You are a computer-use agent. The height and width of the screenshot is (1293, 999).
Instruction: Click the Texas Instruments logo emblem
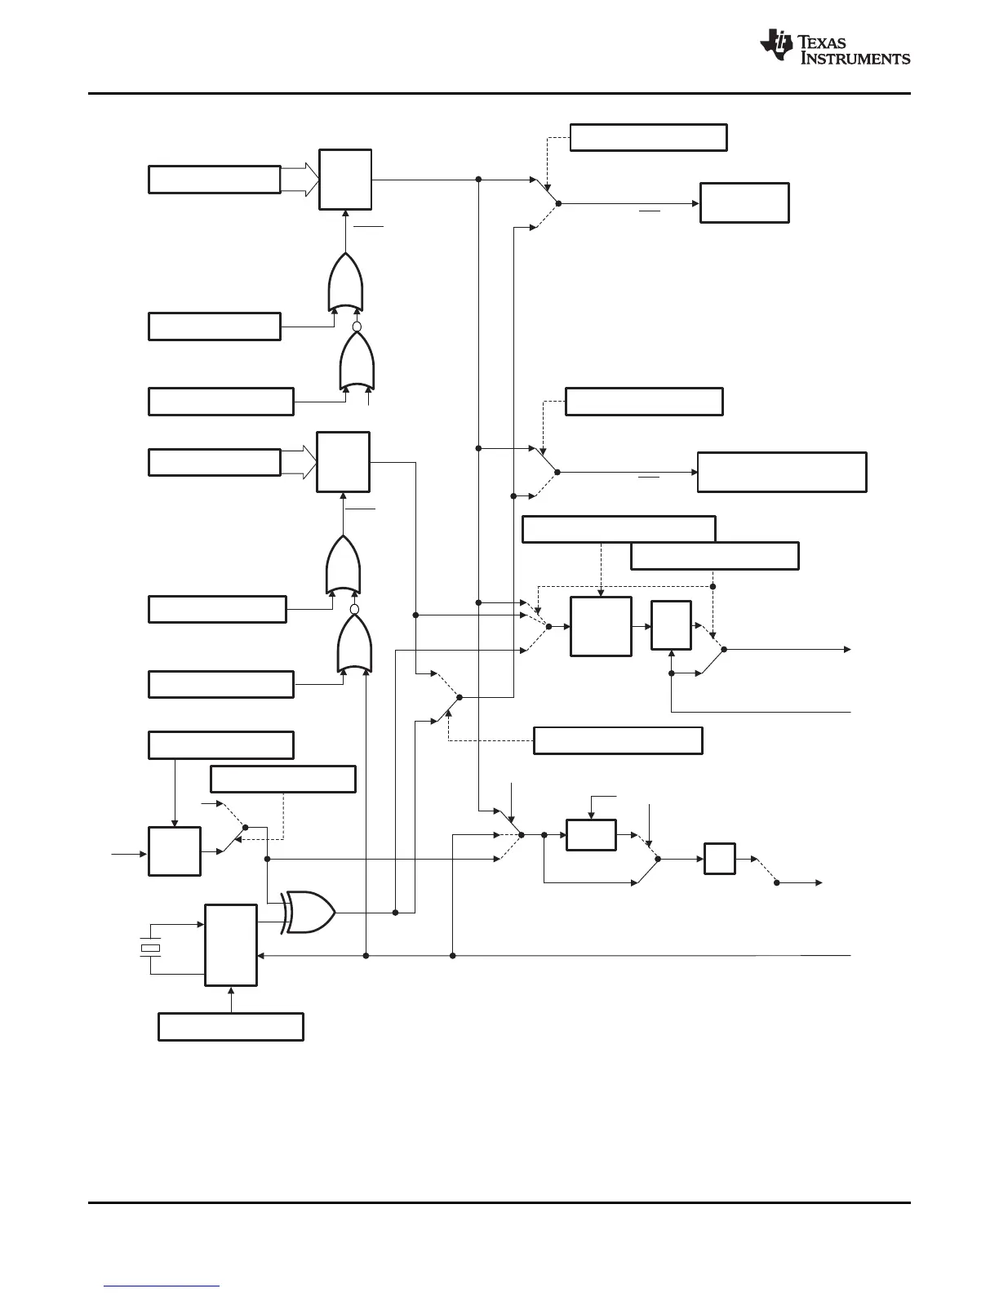[x=776, y=46]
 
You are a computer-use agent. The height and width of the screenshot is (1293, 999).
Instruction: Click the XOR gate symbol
[x=309, y=912]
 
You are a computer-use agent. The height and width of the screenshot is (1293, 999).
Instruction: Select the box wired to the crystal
[x=231, y=945]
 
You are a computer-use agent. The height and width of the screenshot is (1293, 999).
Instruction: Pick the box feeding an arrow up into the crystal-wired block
[x=231, y=1026]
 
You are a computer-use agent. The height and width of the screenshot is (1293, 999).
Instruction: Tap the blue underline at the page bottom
[x=162, y=1287]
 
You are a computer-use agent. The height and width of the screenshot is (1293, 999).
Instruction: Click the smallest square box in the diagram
[x=720, y=859]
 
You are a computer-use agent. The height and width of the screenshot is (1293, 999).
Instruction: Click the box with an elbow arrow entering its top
[x=591, y=835]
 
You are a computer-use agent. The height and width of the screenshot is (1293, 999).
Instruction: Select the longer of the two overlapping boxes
[x=619, y=529]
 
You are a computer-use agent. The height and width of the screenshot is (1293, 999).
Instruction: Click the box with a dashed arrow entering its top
[x=600, y=626]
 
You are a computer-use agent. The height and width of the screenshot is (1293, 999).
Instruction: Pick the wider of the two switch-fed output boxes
[x=782, y=472]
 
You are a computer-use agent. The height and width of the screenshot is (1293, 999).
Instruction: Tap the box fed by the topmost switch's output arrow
[x=744, y=203]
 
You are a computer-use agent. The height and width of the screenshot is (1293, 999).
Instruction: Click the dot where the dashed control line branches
[x=713, y=584]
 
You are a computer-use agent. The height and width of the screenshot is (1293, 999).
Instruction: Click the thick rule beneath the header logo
[x=499, y=93]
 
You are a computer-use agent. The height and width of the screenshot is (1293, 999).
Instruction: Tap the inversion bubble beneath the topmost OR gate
[x=356, y=327]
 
